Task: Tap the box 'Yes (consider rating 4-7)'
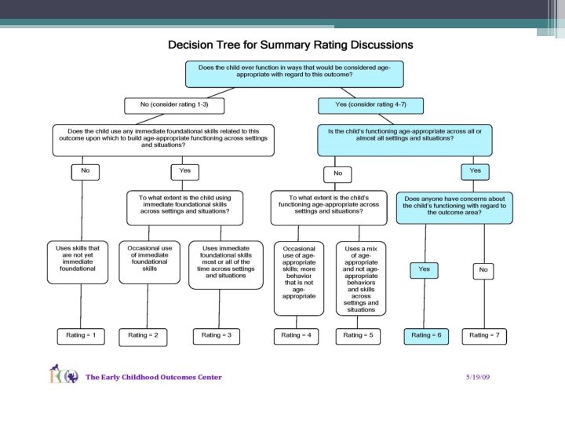(x=372, y=104)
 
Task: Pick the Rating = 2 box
(x=143, y=335)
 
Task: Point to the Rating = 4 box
(x=297, y=335)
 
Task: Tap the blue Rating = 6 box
(x=427, y=335)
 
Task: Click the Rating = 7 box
(x=490, y=335)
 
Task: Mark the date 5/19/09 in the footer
(x=477, y=377)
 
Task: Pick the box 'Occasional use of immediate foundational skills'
(x=149, y=258)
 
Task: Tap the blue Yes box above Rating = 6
(x=425, y=269)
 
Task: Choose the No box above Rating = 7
(x=483, y=270)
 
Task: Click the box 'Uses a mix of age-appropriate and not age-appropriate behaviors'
(x=361, y=277)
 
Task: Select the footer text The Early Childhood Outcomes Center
(x=154, y=377)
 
